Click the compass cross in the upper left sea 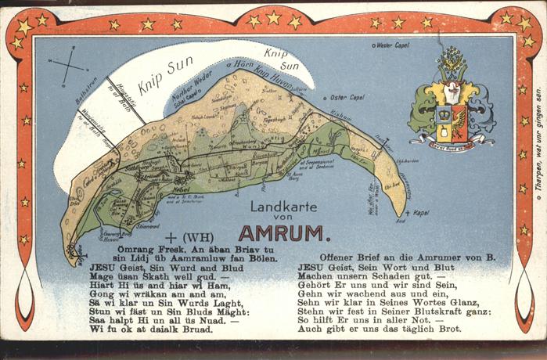(x=68, y=64)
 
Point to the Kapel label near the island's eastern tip (x=421, y=212)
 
